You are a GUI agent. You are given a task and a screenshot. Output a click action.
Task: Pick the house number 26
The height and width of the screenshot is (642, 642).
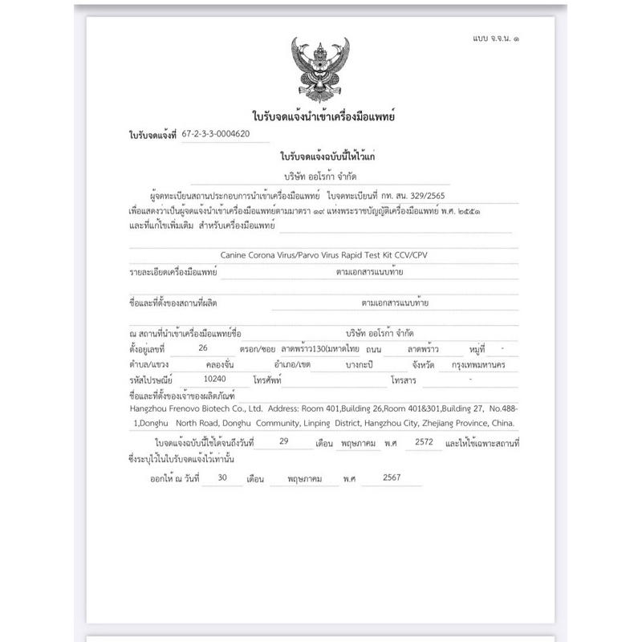tap(202, 348)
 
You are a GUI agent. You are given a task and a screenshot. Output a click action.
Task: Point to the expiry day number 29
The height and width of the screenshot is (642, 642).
tap(282, 441)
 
